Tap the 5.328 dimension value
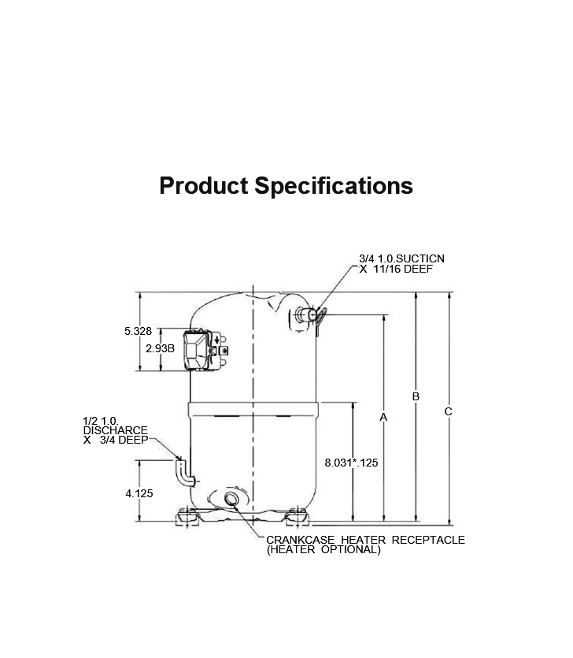click(x=138, y=332)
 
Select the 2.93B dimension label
click(x=160, y=348)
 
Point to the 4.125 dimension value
click(x=139, y=494)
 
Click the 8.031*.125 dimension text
click(x=351, y=463)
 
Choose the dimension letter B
click(x=416, y=396)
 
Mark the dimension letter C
click(x=448, y=411)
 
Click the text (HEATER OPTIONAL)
click(x=323, y=550)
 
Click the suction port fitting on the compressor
click(x=309, y=315)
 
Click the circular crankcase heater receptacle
click(x=231, y=499)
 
